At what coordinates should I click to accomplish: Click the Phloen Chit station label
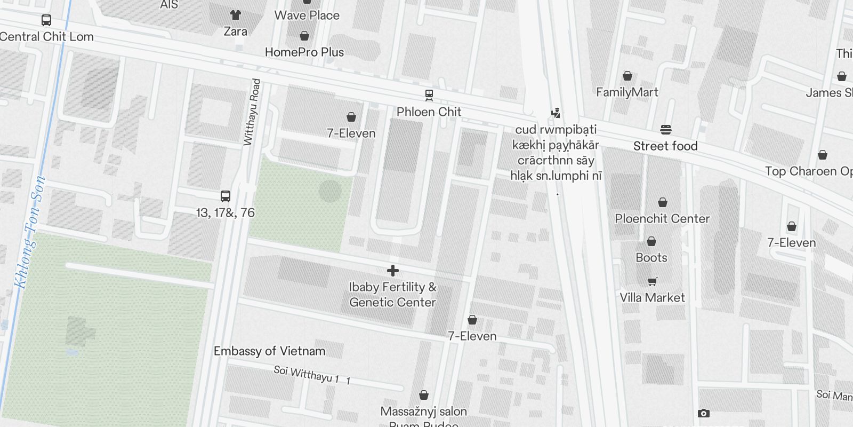tap(429, 112)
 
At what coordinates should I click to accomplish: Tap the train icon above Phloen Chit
tap(429, 95)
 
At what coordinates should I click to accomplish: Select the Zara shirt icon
tap(235, 15)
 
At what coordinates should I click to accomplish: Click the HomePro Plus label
tap(304, 52)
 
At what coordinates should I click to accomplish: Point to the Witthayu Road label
tap(252, 112)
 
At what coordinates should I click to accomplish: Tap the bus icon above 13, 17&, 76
tap(226, 196)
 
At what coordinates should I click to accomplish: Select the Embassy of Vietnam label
tap(269, 351)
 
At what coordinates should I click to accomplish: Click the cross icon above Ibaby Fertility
tap(393, 271)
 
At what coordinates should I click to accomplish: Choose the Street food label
tap(665, 146)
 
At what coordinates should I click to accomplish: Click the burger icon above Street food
tap(665, 129)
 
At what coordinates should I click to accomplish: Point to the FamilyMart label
tap(627, 92)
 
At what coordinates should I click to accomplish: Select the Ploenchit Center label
tap(662, 219)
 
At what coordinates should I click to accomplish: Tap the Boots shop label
tap(651, 258)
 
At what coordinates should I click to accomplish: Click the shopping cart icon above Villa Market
tap(652, 281)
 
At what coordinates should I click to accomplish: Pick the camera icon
tap(704, 413)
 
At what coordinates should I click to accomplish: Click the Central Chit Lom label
tap(47, 37)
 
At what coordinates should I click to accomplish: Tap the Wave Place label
tap(307, 15)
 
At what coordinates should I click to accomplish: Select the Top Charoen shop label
tap(808, 171)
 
